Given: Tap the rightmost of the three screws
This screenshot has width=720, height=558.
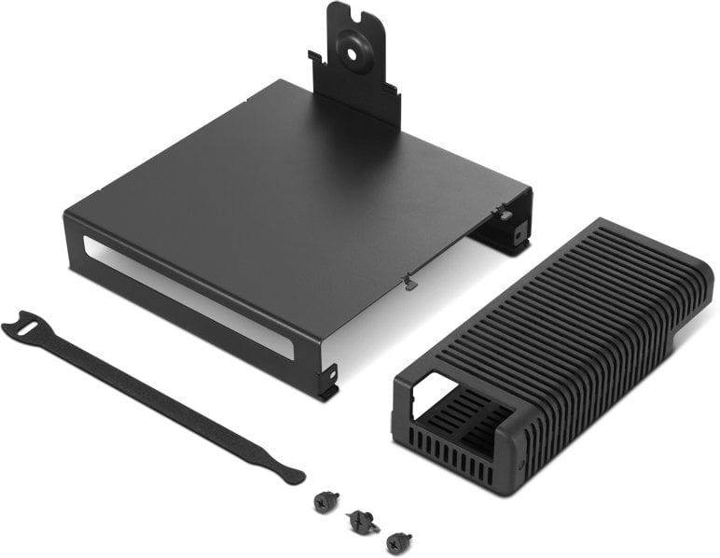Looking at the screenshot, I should coord(400,539).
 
